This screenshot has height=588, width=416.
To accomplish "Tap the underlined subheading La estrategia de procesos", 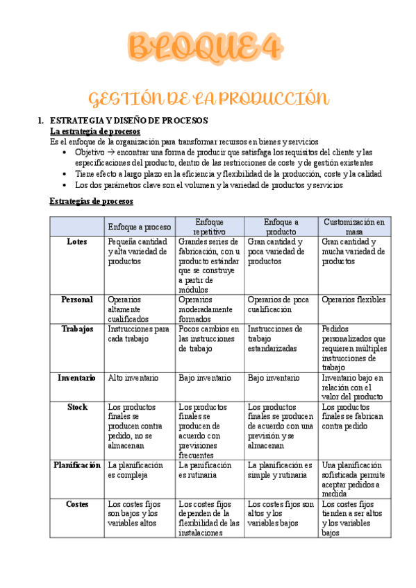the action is (95, 130).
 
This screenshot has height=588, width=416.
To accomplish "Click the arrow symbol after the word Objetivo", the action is (110, 151).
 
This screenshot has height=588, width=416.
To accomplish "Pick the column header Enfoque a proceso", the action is (139, 227).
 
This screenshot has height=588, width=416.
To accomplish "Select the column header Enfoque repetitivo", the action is (209, 227).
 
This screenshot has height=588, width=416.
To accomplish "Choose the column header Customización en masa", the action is (353, 227).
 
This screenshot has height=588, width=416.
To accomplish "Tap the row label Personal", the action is (77, 300).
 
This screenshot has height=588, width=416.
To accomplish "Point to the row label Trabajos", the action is (77, 329).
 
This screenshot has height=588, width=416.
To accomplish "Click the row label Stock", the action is (77, 407).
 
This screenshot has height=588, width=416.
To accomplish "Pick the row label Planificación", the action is (77, 465).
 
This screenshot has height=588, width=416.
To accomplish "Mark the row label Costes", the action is (77, 504).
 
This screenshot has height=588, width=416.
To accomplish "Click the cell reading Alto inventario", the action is (133, 378).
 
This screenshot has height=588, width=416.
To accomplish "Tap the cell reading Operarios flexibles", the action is (353, 300).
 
